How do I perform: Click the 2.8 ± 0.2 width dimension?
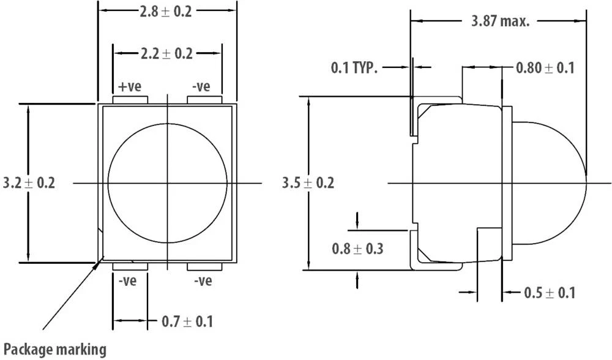[166, 12]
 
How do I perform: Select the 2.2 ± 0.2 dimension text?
[166, 54]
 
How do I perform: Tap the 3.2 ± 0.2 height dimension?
[29, 182]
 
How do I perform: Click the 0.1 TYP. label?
[354, 67]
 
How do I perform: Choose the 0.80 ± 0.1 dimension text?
[545, 67]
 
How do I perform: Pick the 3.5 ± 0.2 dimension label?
[308, 182]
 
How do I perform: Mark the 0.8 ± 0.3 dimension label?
[357, 249]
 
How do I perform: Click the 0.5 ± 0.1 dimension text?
[550, 293]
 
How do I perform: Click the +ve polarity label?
[128, 86]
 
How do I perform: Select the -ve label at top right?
[201, 86]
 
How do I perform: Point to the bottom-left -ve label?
[129, 281]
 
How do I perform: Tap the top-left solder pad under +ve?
[130, 100]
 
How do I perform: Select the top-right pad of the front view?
[204, 100]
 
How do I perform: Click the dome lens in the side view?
[548, 182]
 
